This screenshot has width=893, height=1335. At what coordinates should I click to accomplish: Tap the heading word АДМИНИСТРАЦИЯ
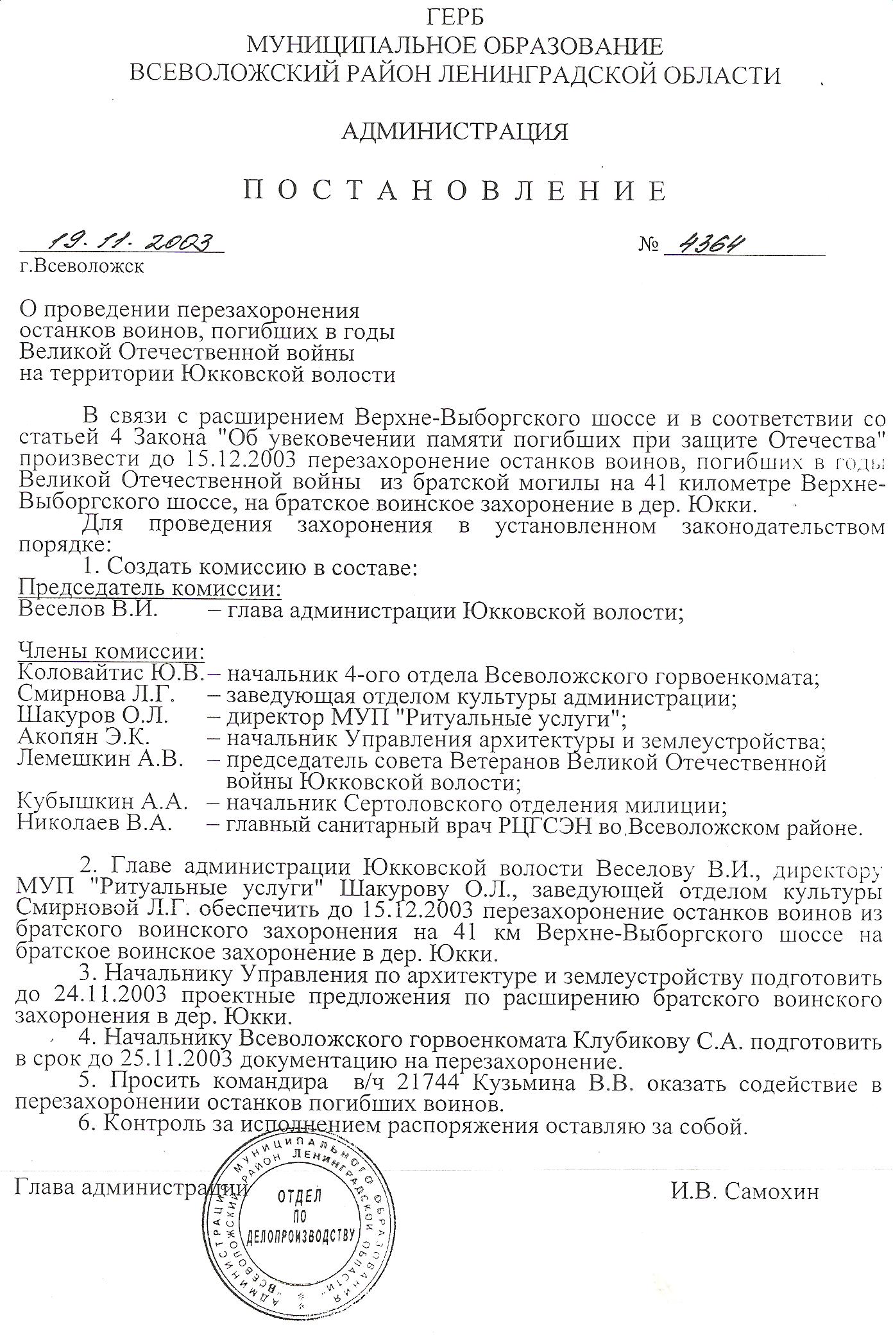(455, 132)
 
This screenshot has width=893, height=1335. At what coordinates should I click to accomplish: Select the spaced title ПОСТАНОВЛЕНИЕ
(455, 191)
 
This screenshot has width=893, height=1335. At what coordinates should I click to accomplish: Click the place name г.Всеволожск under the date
(81, 266)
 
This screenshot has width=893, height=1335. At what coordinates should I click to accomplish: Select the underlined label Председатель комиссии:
(150, 588)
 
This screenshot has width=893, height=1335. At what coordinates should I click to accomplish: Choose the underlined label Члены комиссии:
(111, 652)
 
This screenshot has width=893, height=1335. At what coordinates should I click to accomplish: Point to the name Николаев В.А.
(95, 823)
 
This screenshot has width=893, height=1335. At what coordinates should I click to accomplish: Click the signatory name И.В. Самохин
(745, 1192)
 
